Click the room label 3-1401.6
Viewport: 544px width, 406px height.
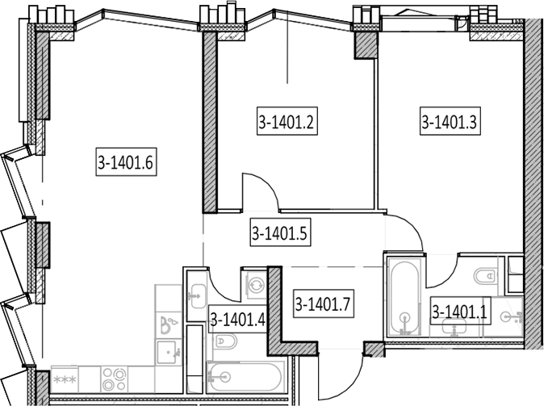pyautogui.click(x=126, y=161)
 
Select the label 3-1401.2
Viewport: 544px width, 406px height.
pyautogui.click(x=287, y=121)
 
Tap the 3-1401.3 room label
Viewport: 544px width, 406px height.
pyautogui.click(x=450, y=121)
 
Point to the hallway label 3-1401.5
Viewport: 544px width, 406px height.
pyautogui.click(x=280, y=232)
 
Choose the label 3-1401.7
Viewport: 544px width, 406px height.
pyautogui.click(x=324, y=304)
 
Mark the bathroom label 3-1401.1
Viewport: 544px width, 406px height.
pyautogui.click(x=460, y=311)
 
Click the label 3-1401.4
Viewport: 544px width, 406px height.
pyautogui.click(x=238, y=320)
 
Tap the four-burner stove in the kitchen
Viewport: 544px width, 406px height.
pyautogui.click(x=114, y=379)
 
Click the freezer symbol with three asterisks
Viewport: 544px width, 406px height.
pyautogui.click(x=65, y=379)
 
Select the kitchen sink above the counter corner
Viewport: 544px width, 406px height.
pyautogui.click(x=168, y=352)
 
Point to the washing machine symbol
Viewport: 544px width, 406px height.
pyautogui.click(x=256, y=285)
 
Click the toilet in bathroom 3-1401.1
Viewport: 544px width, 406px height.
pyautogui.click(x=484, y=277)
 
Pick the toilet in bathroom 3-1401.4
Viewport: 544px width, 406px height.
pyautogui.click(x=226, y=341)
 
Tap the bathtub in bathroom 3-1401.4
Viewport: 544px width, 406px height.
pyautogui.click(x=245, y=377)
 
